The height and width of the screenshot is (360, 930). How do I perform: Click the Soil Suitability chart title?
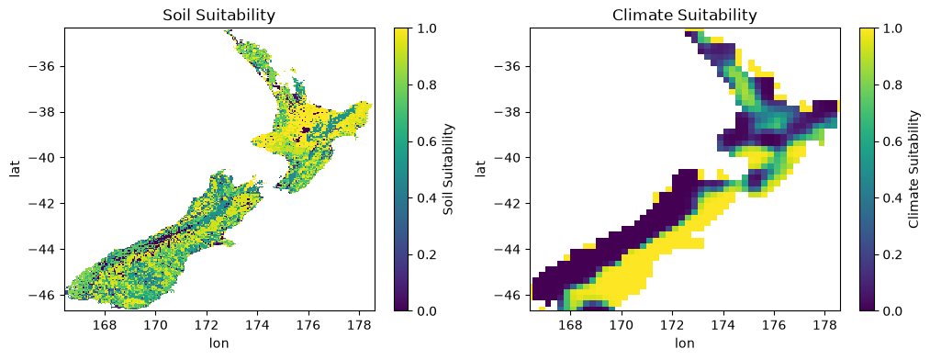pos(219,16)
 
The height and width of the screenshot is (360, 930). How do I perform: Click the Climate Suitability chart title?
pos(685,16)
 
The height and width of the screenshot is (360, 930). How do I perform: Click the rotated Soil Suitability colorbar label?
pos(450,170)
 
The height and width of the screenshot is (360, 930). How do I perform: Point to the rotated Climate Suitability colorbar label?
pos(915,170)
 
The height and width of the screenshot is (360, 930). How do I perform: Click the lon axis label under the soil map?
pos(219,343)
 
